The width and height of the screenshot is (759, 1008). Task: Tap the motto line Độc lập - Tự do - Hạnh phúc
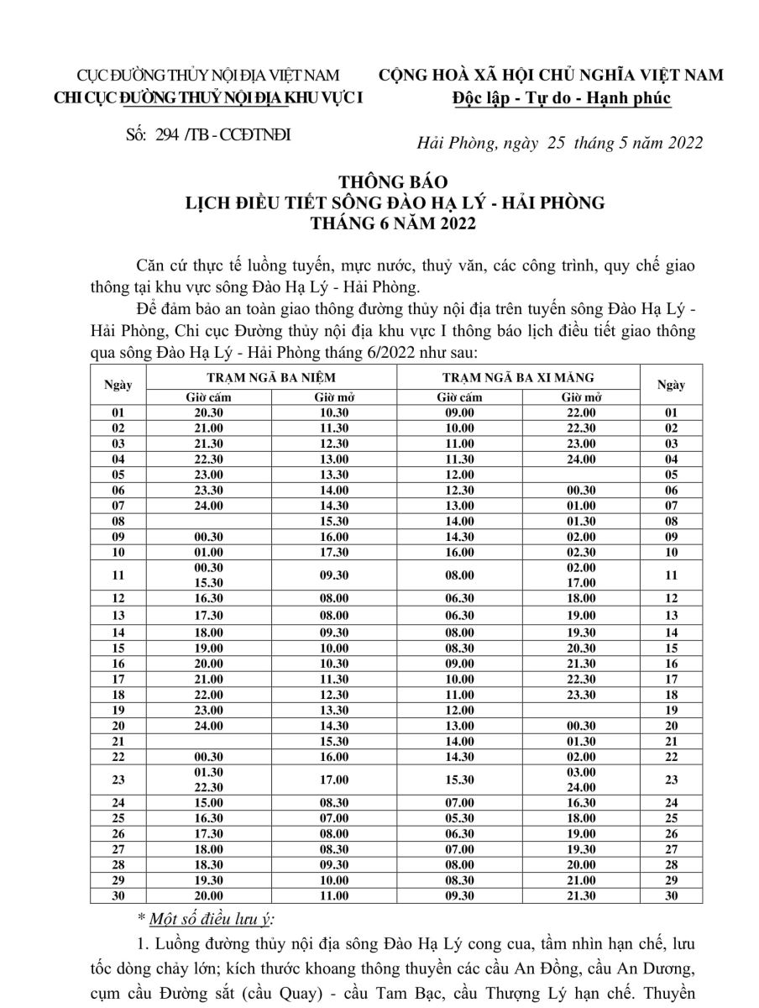click(561, 98)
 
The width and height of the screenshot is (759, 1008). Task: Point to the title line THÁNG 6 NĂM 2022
click(394, 223)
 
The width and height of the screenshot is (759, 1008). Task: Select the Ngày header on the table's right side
click(671, 386)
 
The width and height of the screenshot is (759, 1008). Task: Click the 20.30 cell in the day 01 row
click(208, 412)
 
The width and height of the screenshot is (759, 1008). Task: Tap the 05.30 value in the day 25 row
click(459, 817)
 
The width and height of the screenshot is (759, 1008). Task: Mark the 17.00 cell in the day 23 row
click(332, 780)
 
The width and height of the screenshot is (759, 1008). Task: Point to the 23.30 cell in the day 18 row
click(581, 694)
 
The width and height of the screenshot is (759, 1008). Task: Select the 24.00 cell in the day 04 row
click(581, 459)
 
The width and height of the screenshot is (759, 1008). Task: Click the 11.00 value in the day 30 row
click(332, 895)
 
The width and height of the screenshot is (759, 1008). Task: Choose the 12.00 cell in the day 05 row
click(459, 474)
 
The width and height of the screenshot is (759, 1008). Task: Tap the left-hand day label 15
click(118, 648)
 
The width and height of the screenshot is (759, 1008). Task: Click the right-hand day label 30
click(671, 895)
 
